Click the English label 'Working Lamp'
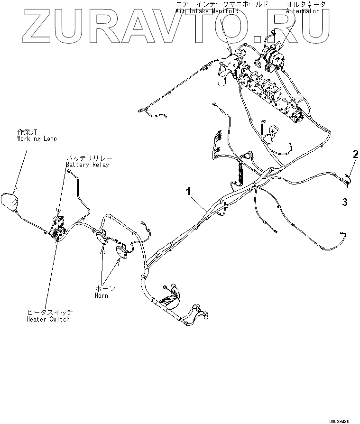37,139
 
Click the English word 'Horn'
101,295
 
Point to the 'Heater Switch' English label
48,319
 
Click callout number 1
189,191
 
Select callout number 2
355,154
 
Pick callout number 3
345,202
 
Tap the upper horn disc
102,238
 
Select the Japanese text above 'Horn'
105,288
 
